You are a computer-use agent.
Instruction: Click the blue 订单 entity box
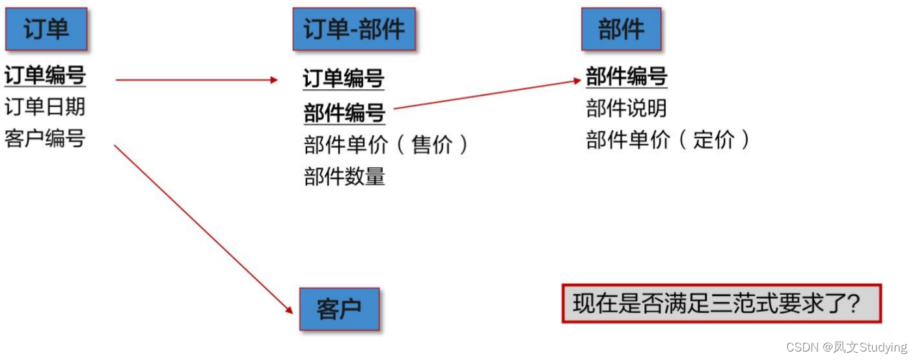[46, 29]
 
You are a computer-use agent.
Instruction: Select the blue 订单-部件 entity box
[353, 29]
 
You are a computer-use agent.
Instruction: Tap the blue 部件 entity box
[621, 29]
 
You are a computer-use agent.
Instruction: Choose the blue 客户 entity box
[339, 309]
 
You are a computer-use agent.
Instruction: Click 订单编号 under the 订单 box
[45, 76]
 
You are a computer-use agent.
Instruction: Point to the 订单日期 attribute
[45, 107]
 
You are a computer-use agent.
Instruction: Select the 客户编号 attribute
[45, 138]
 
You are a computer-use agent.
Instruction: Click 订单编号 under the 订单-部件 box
[344, 79]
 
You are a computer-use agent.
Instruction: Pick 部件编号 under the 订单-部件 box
[344, 113]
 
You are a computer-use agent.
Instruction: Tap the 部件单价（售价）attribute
[385, 145]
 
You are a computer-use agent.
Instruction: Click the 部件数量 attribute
[344, 176]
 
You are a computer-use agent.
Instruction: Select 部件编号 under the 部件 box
[626, 76]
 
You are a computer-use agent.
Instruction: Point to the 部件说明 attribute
[626, 108]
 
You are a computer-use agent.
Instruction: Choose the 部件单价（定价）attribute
[668, 139]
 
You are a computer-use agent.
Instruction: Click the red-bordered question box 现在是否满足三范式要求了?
[721, 303]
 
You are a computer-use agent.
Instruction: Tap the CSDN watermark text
[846, 347]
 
